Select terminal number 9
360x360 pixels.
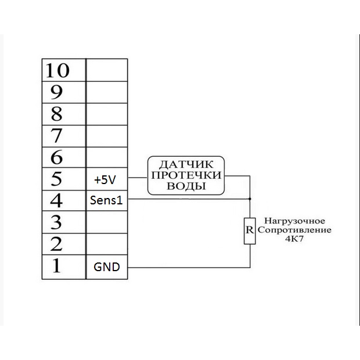coord(57,92)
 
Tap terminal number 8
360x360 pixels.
coord(57,113)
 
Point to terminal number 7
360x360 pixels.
coord(57,135)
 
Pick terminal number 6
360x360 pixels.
coord(57,156)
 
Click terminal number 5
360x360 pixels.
coord(57,178)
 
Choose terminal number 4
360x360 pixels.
coord(57,200)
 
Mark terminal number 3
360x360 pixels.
coord(57,222)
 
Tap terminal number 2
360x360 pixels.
coord(57,244)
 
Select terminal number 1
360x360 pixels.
coord(57,266)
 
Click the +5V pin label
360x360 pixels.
coord(105,180)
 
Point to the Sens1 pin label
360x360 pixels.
coord(106,201)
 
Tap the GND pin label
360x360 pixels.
coord(107,267)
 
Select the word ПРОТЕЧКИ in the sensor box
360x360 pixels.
coord(186,175)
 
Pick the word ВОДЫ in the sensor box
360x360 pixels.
coord(186,186)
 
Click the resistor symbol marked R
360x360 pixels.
coord(250,229)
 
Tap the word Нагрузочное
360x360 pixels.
coord(295,221)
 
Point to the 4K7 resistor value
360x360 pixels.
coord(295,239)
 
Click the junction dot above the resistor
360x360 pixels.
coord(250,199)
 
